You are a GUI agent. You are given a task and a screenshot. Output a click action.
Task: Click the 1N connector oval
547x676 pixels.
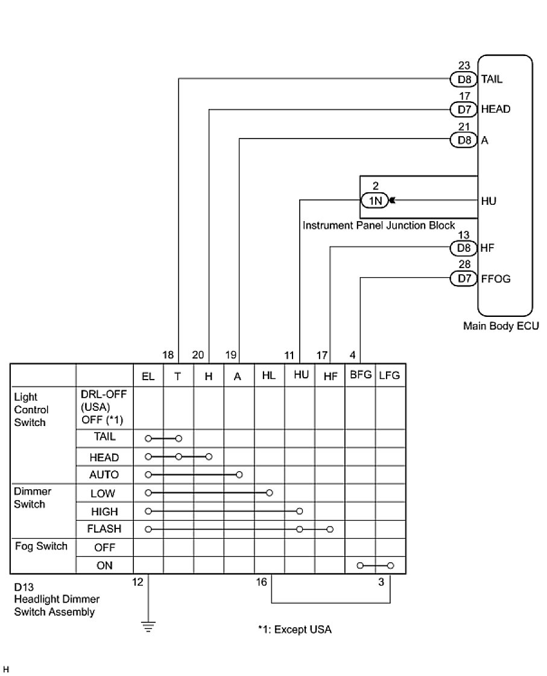[x=375, y=201]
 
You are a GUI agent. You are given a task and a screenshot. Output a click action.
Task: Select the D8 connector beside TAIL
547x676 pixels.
[x=463, y=79]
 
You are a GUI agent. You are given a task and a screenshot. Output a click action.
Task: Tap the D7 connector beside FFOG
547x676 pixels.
[x=463, y=278]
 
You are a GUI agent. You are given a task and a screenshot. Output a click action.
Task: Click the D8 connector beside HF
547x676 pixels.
[x=463, y=248]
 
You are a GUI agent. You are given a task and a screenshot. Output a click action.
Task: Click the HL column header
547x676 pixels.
[x=269, y=375]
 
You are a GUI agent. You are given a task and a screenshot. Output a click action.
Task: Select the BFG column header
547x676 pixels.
[x=360, y=375]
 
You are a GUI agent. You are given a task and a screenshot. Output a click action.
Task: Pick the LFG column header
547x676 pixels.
[x=390, y=375]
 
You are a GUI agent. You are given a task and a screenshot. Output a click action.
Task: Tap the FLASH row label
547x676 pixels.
[x=104, y=529]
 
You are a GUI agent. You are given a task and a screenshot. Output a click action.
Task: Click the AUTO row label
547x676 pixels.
[x=104, y=475]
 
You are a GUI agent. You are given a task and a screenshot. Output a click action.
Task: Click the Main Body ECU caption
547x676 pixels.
[x=501, y=326]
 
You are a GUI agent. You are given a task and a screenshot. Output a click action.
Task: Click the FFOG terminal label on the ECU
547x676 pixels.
[x=495, y=278]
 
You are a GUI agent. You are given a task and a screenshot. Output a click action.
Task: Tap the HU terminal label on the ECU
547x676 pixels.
[x=489, y=201]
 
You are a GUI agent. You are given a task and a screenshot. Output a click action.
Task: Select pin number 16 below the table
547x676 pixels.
[x=261, y=583]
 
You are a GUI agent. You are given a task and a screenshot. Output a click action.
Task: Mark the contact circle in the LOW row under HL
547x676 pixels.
[x=269, y=493]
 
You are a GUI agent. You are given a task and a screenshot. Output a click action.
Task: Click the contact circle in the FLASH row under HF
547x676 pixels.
[x=329, y=529]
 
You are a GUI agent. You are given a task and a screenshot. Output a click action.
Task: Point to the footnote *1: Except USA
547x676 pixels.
[x=295, y=630]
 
